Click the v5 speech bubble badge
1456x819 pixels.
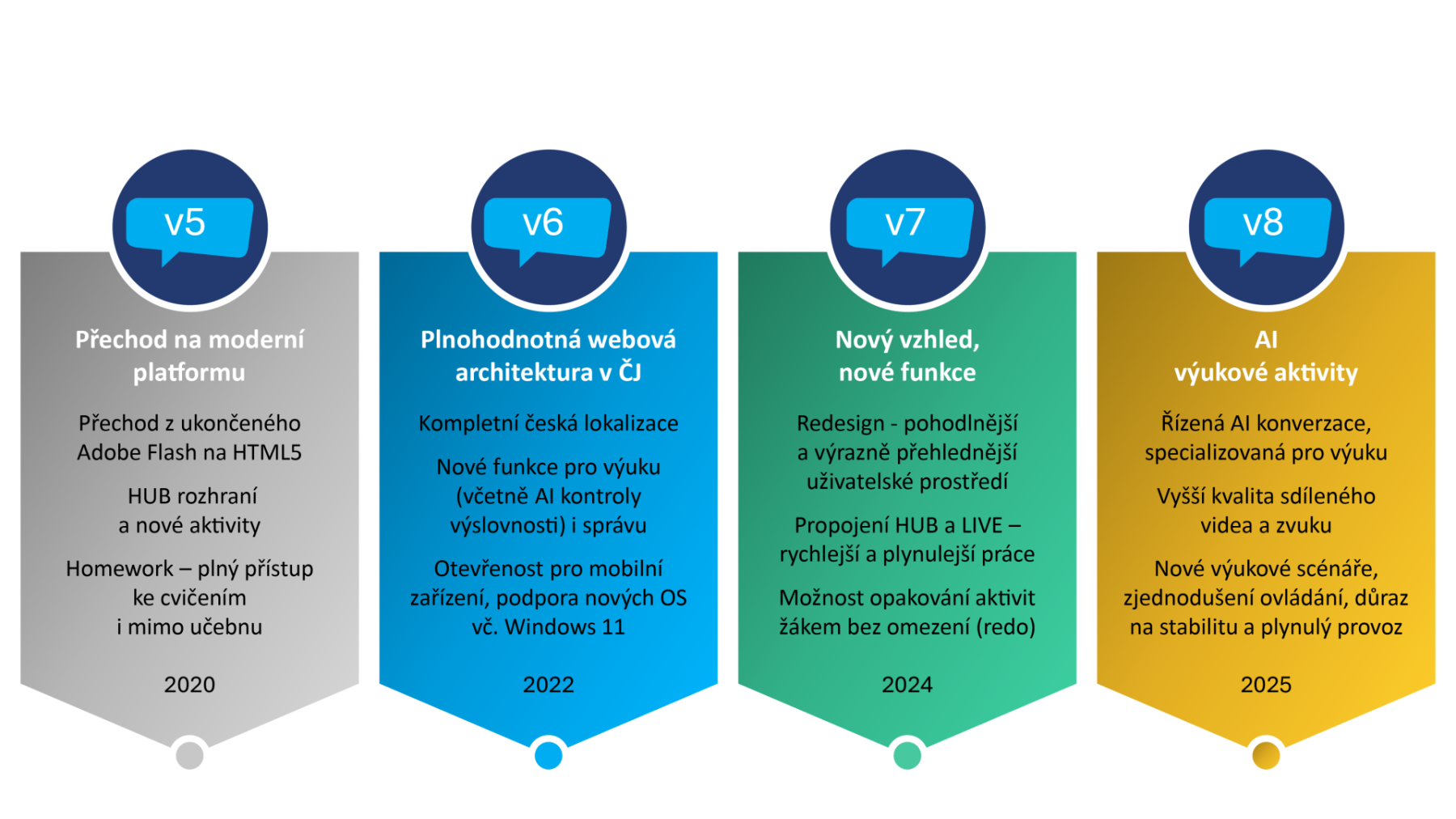coord(189,226)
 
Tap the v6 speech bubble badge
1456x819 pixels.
coord(548,226)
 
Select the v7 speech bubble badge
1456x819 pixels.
coord(908,226)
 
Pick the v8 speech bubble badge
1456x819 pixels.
coord(1266,226)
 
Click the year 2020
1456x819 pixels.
coord(189,685)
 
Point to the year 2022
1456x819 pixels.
coord(548,685)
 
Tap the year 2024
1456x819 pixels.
coord(907,685)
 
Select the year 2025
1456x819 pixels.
coord(1266,685)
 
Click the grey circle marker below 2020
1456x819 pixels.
coord(189,756)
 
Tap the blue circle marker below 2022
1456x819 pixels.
coord(548,756)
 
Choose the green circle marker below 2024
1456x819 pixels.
coord(907,756)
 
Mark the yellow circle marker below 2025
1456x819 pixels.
coord(1266,756)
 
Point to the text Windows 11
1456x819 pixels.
coord(565,627)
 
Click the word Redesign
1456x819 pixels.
coord(840,423)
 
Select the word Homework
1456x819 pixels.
coord(120,569)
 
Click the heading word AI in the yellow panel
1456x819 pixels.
coord(1266,340)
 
